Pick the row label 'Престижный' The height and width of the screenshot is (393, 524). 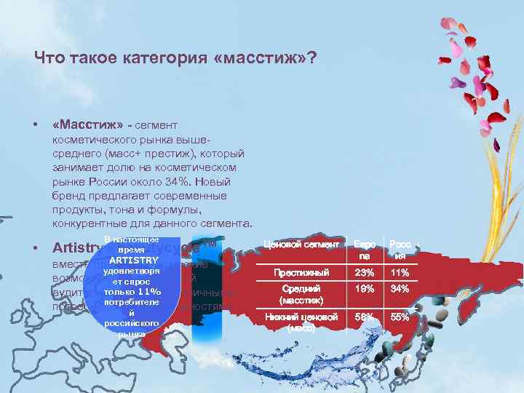pyautogui.click(x=301, y=273)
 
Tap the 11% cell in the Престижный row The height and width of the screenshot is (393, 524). pyautogui.click(x=399, y=273)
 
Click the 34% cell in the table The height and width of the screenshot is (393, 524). pyautogui.click(x=399, y=290)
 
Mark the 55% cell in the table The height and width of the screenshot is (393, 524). pyautogui.click(x=399, y=318)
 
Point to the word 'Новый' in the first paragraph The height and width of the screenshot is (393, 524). pyautogui.click(x=213, y=183)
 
